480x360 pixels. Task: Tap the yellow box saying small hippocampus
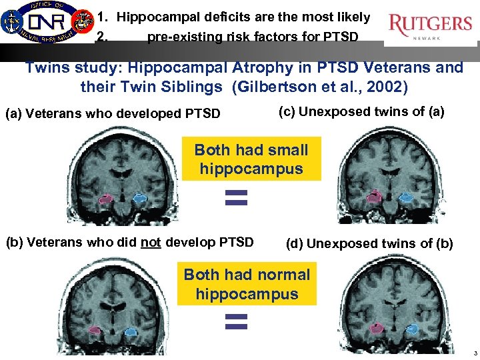[x=251, y=159]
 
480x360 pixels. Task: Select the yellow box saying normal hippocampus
[x=247, y=284]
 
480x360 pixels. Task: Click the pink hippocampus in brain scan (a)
[x=105, y=198]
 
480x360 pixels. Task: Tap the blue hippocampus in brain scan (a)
[x=139, y=198]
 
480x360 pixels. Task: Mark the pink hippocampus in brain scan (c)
[x=375, y=195]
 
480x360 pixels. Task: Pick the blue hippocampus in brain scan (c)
[x=406, y=197]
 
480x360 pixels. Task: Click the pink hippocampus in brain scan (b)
[x=95, y=329]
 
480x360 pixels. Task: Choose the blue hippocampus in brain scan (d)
[x=411, y=329]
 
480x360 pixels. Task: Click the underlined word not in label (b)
[x=151, y=242]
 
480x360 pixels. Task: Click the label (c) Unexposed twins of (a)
[x=361, y=111]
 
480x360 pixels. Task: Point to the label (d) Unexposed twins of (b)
[x=369, y=243]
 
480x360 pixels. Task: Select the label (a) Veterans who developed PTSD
[x=113, y=113]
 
